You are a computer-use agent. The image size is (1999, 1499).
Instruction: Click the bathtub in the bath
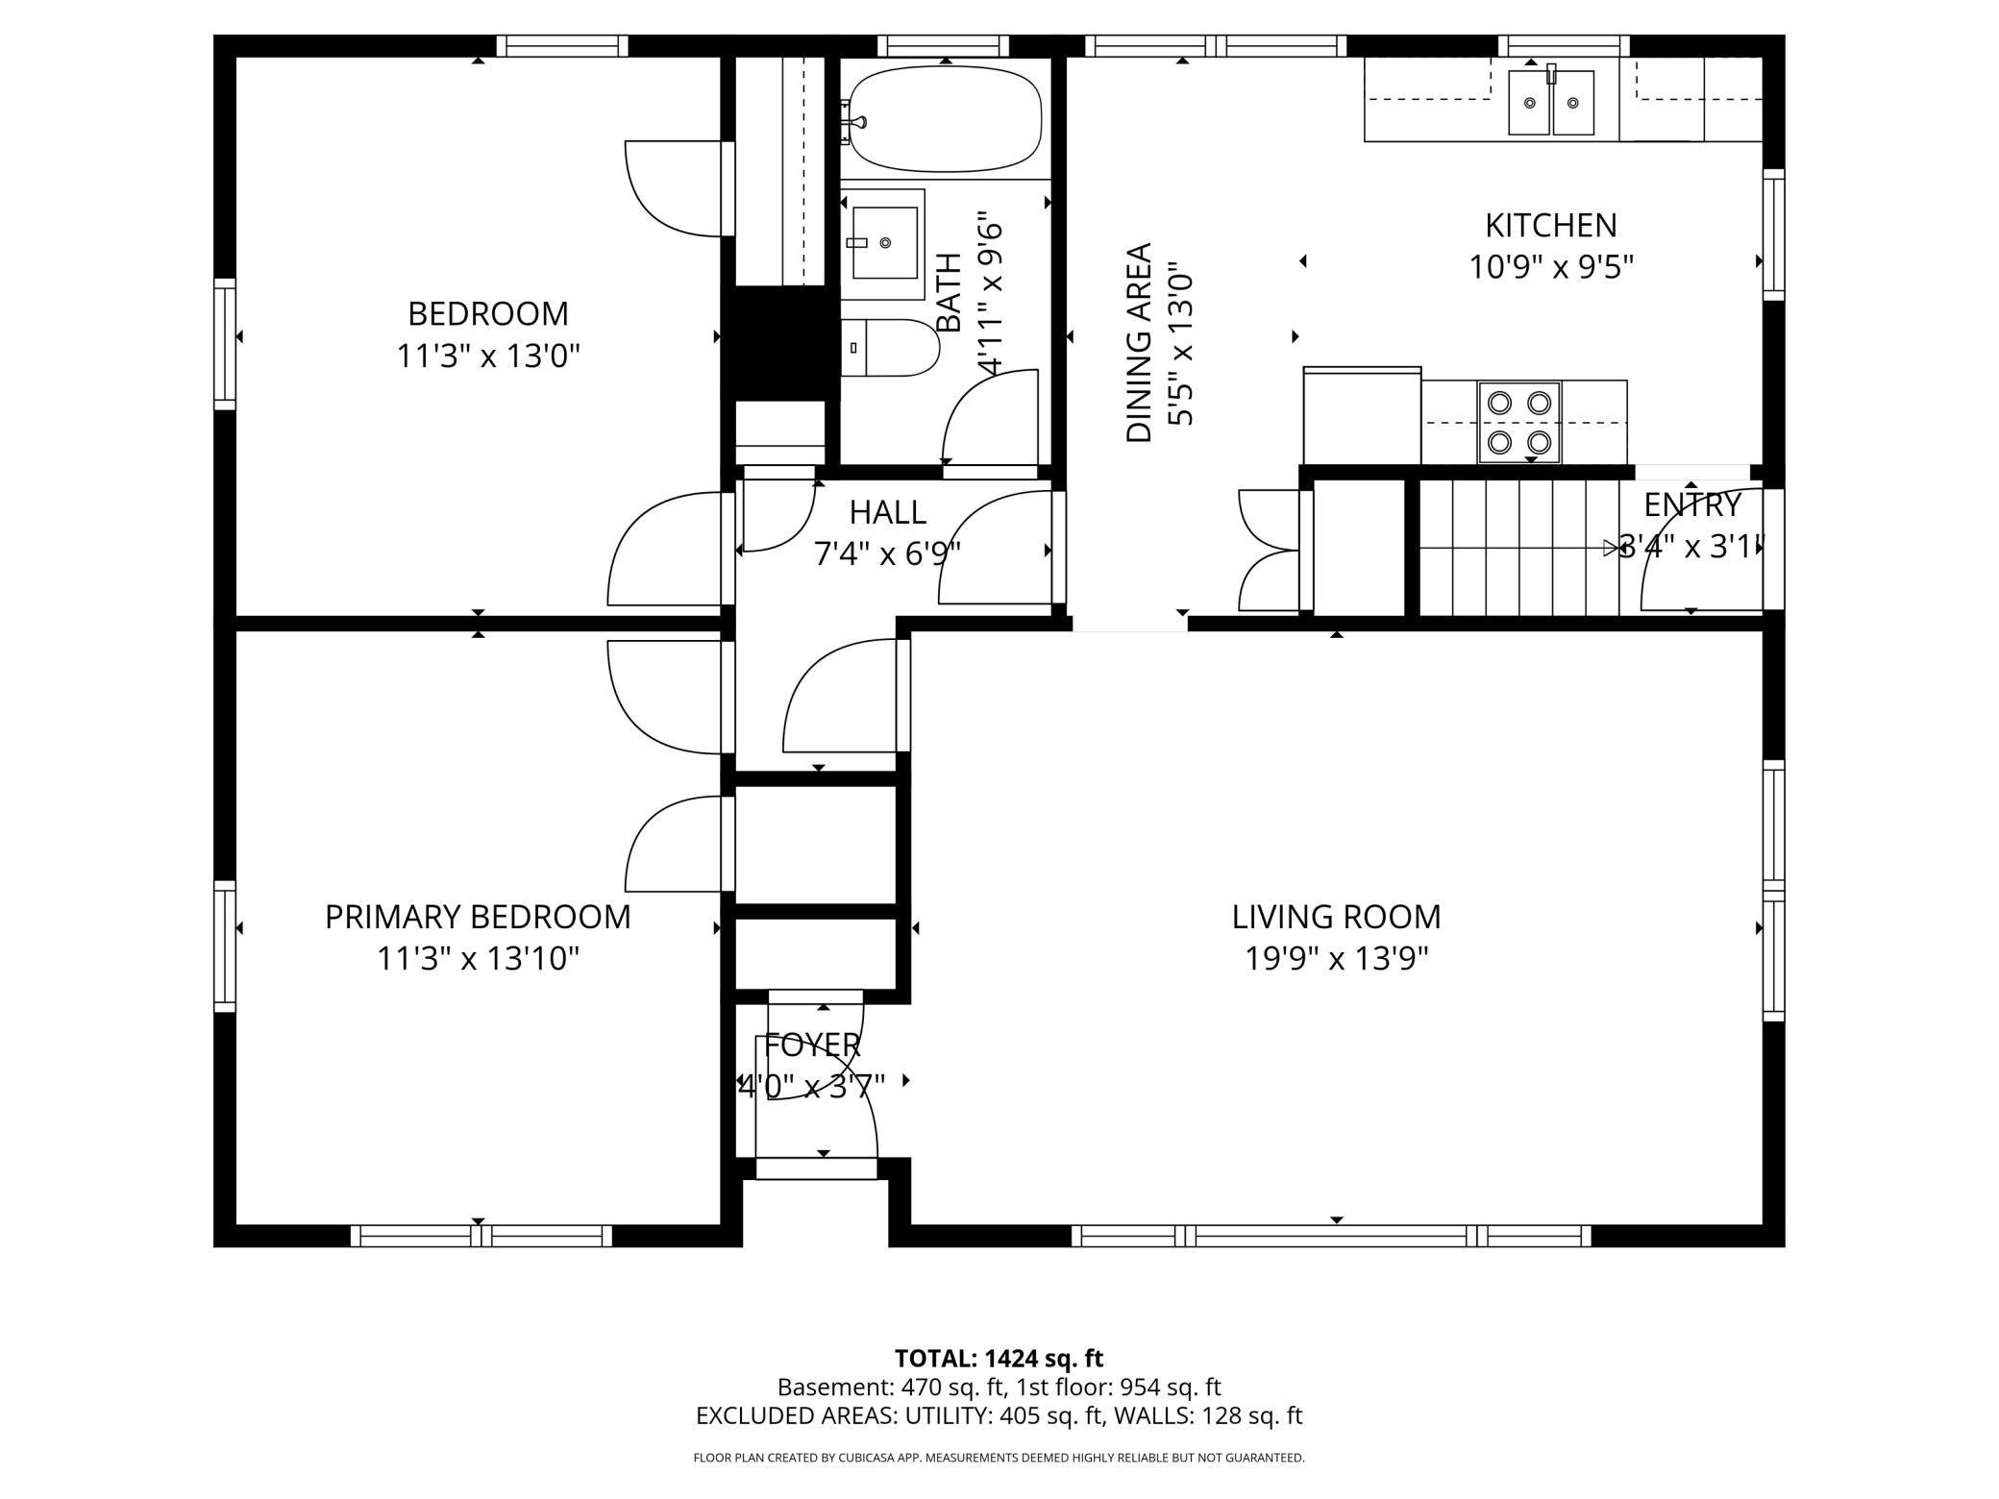[x=947, y=119]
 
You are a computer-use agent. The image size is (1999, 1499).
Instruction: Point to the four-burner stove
[x=1518, y=422]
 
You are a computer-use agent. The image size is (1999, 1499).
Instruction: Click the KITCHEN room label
[x=1550, y=225]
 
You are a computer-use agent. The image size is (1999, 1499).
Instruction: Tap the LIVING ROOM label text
[x=1336, y=917]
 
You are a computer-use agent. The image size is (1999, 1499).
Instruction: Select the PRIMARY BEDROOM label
[x=478, y=917]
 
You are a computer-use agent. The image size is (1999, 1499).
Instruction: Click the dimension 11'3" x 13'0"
[x=488, y=356]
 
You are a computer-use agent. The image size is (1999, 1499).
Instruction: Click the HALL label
[x=887, y=512]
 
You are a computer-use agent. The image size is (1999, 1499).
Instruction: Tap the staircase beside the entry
[x=1514, y=548]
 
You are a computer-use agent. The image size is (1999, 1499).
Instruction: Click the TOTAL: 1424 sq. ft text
[x=999, y=1358]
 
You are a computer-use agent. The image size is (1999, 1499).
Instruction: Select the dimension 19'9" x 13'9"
[x=1336, y=959]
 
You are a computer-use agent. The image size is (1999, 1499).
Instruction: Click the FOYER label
[x=812, y=1044]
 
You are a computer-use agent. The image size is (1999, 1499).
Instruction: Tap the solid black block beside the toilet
[x=779, y=342]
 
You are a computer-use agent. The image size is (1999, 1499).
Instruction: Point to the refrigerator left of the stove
[x=1361, y=416]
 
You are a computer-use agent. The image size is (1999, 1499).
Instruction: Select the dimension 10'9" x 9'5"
[x=1550, y=267]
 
